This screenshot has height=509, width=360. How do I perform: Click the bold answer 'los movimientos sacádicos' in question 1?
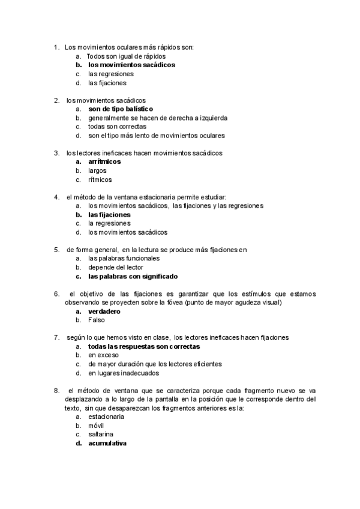tap(131, 65)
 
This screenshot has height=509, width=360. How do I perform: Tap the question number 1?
tap(56, 47)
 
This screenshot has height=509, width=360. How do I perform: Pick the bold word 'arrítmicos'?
tap(104, 161)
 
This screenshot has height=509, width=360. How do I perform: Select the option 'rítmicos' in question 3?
tap(100, 179)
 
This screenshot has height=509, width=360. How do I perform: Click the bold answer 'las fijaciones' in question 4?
tap(109, 214)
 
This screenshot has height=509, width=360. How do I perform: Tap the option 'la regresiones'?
tap(109, 223)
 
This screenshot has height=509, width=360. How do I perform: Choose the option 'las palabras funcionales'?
tap(124, 258)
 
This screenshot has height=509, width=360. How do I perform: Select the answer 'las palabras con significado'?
tap(133, 276)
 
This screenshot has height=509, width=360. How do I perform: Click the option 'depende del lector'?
tap(115, 267)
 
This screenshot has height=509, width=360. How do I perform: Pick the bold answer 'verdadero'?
tap(104, 312)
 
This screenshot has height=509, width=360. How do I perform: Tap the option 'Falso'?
tap(97, 320)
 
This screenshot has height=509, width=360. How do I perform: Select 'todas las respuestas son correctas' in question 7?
tap(144, 346)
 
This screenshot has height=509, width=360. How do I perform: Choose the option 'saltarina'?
tap(101, 434)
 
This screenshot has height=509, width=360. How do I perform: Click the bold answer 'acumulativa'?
tap(107, 443)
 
